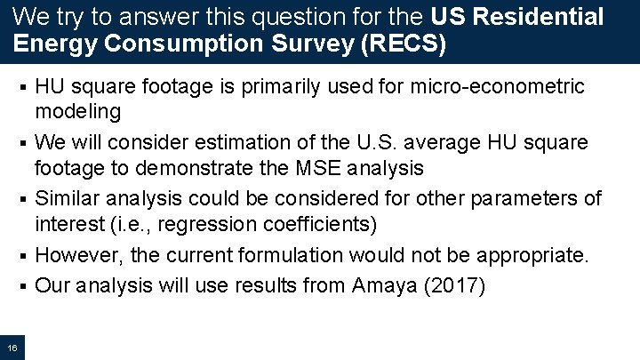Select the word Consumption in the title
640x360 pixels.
point(183,44)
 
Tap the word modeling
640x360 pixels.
point(77,111)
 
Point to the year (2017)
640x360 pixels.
point(455,286)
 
